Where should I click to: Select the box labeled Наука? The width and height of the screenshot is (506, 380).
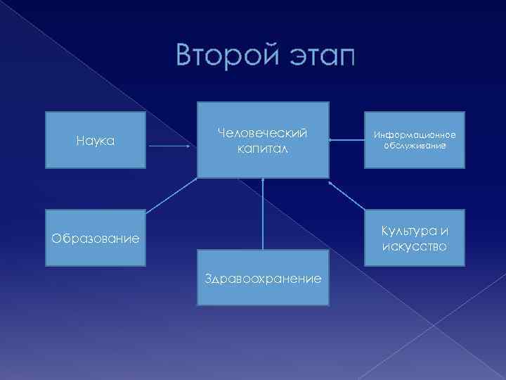point(96,140)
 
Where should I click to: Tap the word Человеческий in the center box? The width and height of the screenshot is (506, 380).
point(263,133)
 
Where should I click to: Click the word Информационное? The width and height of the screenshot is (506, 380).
point(414,134)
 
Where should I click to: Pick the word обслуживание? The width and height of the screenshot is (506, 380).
point(414,145)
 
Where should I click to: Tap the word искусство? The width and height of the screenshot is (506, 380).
point(414,246)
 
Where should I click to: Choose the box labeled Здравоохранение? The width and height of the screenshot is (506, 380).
point(263,278)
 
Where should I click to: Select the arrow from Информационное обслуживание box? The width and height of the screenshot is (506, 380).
point(347,141)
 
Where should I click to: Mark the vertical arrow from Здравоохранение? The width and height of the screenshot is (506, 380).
point(263,215)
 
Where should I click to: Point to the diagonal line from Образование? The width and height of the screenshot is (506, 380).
point(171,194)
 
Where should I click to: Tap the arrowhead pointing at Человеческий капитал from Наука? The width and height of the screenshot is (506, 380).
point(188,147)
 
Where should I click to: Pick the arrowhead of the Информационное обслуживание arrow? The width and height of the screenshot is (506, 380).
point(333,141)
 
